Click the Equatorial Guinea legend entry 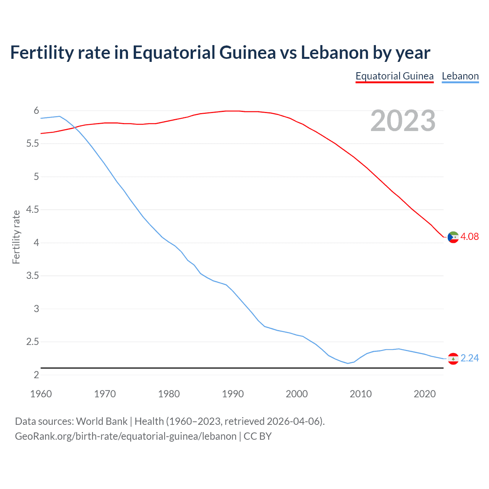coord(394,76)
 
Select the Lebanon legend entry coord(460,76)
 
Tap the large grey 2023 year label coord(403,121)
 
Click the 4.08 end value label coord(470,236)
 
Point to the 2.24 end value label coord(470,358)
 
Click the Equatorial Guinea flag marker coord(453,237)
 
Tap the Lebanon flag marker coord(453,359)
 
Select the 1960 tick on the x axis coord(41,394)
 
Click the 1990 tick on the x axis coord(233,394)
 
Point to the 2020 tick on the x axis coord(424,394)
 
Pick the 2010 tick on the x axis coord(361,394)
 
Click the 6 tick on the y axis coord(36,111)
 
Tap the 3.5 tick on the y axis coord(32,276)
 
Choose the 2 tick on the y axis coord(36,375)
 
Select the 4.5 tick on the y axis coord(32,210)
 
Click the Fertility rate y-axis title coord(16,237)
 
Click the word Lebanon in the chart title coord(335,53)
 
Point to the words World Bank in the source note coord(102,421)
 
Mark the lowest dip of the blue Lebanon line coord(348,363)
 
